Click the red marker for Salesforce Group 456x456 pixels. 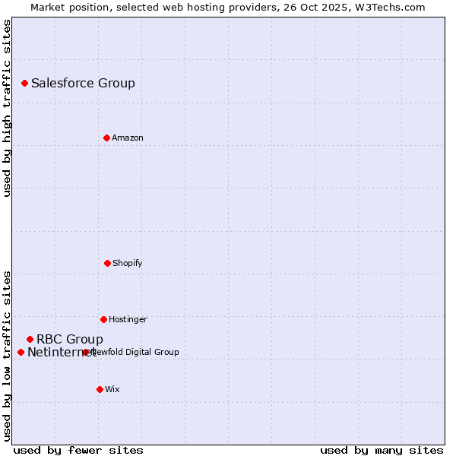coord(24,83)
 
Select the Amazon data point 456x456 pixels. coord(106,138)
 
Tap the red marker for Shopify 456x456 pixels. coord(107,263)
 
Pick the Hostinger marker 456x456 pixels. coord(103,319)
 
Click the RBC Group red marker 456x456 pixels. coord(30,339)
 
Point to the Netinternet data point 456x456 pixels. coord(21,352)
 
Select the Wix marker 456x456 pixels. coord(100,389)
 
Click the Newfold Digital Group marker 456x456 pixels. coord(86,352)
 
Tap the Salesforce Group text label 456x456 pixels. coord(83,84)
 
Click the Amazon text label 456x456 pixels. coord(127,138)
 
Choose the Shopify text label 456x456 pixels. coord(127,263)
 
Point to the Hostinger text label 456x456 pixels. coord(128,319)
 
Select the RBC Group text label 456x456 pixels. coord(69,339)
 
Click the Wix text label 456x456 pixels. coord(112,389)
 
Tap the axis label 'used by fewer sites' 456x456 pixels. coord(78,451)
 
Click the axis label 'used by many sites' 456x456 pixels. coord(382,451)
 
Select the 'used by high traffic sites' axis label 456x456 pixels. coord(8,108)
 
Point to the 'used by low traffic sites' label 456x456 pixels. coord(8,355)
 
